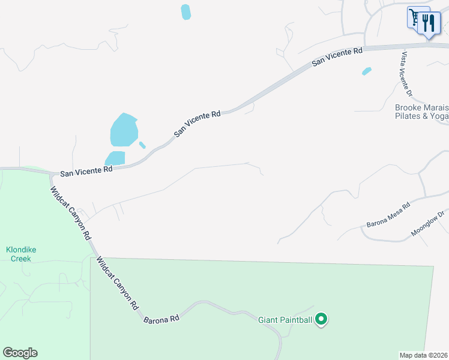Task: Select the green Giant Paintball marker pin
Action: pyautogui.click(x=321, y=319)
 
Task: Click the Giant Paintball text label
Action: pyautogui.click(x=285, y=320)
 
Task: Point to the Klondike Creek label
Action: pyautogui.click(x=18, y=254)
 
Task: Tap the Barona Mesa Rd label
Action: pyautogui.click(x=388, y=215)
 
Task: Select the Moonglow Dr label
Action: pyautogui.click(x=428, y=223)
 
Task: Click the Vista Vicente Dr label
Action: pyautogui.click(x=406, y=74)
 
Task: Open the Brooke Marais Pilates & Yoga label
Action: pyautogui.click(x=421, y=112)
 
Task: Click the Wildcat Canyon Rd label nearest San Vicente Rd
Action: pyautogui.click(x=70, y=212)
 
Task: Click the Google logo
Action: pyautogui.click(x=20, y=353)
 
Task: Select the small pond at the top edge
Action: pyautogui.click(x=186, y=12)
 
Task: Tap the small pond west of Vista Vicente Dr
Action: pyautogui.click(x=366, y=71)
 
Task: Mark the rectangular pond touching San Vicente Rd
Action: pyautogui.click(x=115, y=158)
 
